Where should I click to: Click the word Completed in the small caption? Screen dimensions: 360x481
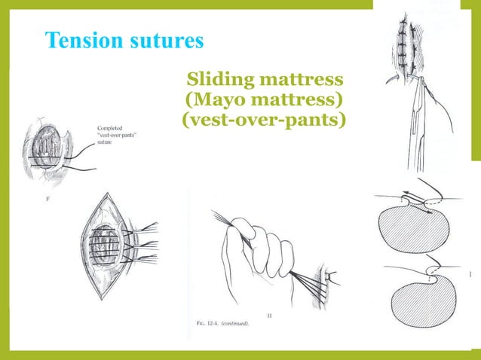point(112,129)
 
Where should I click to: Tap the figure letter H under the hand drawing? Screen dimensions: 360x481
point(270,315)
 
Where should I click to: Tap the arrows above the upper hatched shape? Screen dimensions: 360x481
point(414,198)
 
